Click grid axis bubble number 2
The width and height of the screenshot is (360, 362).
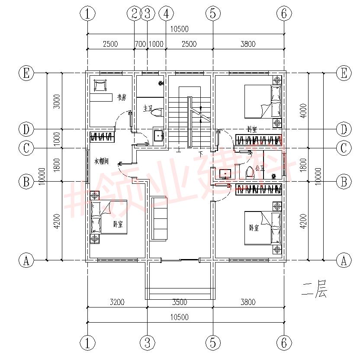[x=134, y=14]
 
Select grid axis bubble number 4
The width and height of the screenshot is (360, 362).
[x=166, y=14]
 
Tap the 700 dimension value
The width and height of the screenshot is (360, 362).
[x=140, y=44]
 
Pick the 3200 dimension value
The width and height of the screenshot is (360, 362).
[x=117, y=302]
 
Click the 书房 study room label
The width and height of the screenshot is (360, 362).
[x=121, y=98]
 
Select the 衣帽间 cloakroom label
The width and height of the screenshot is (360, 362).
[x=101, y=161]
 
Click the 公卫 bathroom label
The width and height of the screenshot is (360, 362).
[x=259, y=168]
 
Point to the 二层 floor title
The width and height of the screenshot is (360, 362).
[x=314, y=290]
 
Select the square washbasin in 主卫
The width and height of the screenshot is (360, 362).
[x=159, y=136]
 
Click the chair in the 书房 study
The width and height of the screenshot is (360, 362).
[x=100, y=85]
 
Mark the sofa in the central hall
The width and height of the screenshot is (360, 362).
[x=159, y=218]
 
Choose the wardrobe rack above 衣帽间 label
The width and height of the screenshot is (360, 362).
[x=103, y=138]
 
